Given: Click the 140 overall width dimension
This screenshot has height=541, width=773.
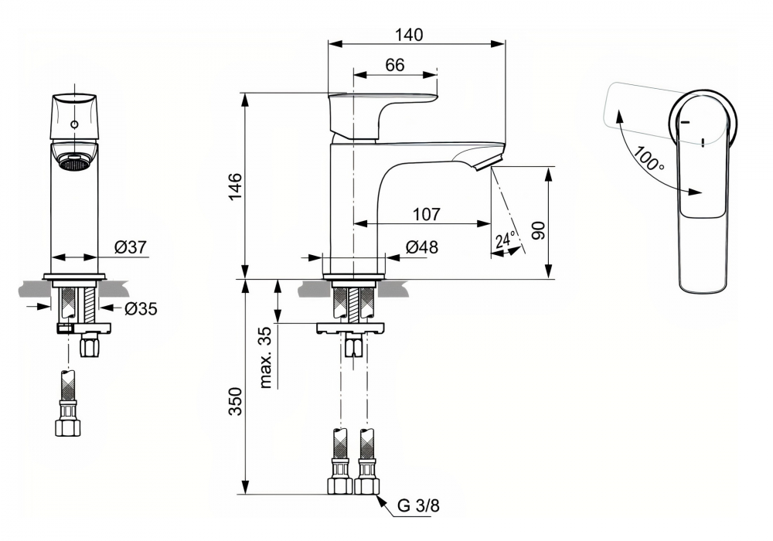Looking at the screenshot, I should click(410, 34).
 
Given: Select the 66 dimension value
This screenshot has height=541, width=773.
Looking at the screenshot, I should click(394, 66).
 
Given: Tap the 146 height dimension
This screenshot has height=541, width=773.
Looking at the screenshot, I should click(235, 185).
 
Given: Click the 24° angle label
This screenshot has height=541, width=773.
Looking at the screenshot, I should click(505, 240).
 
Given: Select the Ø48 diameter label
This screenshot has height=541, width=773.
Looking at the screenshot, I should click(421, 247).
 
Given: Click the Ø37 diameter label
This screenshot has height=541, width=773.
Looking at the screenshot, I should click(130, 247).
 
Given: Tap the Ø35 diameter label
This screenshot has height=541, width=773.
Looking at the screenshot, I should click(141, 309).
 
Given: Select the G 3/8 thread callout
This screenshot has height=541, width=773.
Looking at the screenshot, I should click(418, 508).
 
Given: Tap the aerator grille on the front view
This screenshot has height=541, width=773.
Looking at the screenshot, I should click(74, 163).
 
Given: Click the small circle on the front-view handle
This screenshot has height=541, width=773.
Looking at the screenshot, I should click(74, 124).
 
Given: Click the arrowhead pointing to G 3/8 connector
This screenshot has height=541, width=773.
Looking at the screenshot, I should click(382, 499).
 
